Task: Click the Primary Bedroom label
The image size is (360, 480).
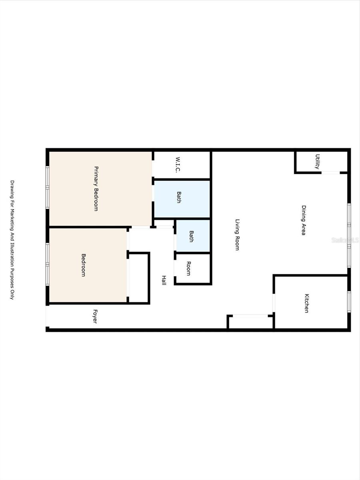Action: (x=96, y=188)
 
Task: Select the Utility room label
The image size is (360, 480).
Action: (x=318, y=162)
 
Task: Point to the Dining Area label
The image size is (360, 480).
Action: (x=304, y=220)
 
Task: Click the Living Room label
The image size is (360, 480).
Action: (x=237, y=234)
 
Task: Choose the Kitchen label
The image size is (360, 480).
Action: (x=307, y=303)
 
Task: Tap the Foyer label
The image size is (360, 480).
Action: (x=95, y=316)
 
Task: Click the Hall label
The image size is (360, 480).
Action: (x=164, y=280)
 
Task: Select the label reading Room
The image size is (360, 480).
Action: (x=188, y=268)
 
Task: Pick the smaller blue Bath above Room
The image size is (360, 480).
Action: (x=191, y=236)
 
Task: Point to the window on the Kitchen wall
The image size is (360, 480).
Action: (x=349, y=302)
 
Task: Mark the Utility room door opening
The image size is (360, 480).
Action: (x=331, y=172)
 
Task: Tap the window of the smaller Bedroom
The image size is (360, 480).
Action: (x=48, y=264)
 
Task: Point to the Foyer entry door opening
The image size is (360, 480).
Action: (x=47, y=316)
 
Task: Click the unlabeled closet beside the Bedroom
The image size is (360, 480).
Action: (x=139, y=278)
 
